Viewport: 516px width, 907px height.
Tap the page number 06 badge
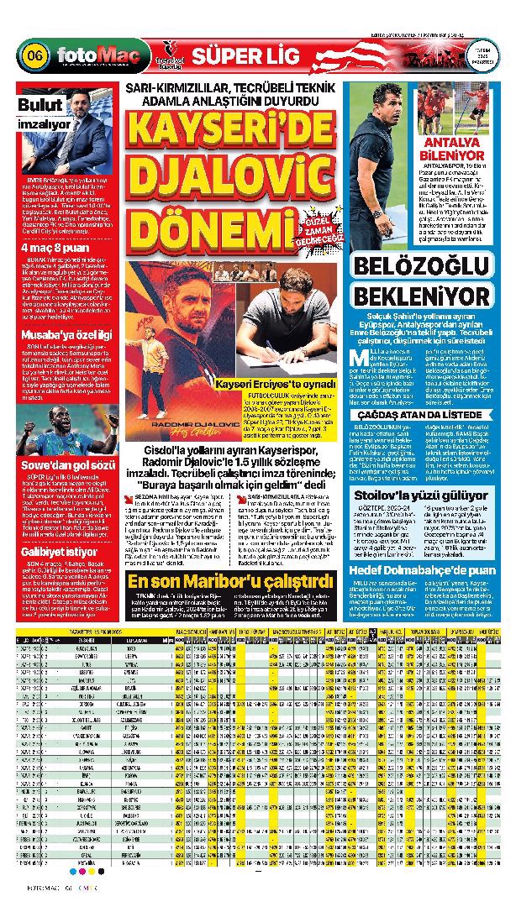[x=35, y=57]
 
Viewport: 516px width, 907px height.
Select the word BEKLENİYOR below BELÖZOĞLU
[x=433, y=296]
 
